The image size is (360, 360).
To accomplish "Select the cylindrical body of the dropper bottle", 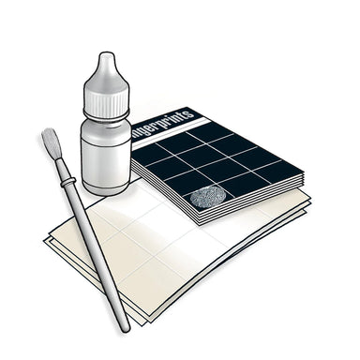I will tap(104, 155).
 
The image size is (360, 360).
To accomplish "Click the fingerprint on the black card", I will tap(208, 197).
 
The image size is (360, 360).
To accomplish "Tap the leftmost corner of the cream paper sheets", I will tap(44, 240).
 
